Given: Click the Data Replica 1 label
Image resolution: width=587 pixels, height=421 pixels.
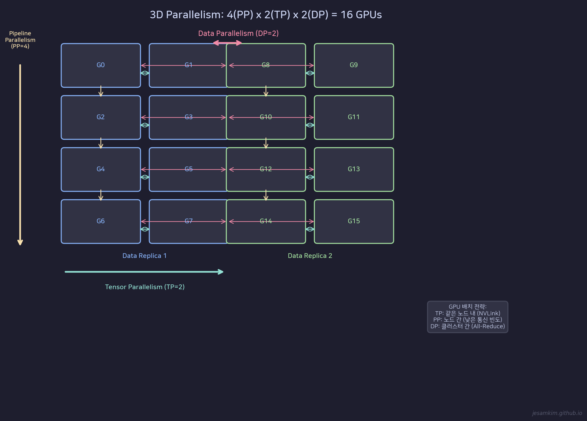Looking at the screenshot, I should (145, 256).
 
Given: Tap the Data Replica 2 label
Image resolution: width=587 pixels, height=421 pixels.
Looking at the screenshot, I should (310, 256).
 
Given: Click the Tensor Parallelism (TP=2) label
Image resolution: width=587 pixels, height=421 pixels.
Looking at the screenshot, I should (145, 287).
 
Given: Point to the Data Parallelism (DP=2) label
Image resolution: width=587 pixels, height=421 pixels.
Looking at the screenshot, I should (238, 33).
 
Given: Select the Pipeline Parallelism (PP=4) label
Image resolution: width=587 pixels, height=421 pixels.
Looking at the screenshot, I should (20, 40).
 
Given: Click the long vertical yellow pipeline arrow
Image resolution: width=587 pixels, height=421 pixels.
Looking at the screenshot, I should (20, 155).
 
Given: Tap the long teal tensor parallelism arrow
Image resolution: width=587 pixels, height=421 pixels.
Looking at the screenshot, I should (144, 272).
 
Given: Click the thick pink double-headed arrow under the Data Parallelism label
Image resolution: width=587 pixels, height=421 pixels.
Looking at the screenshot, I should (227, 43).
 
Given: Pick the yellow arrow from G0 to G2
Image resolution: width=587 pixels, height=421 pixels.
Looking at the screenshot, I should (101, 91).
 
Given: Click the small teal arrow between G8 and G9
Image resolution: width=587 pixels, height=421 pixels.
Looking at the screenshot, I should (310, 73).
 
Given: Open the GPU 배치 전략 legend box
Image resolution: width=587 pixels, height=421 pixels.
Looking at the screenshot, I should (467, 317).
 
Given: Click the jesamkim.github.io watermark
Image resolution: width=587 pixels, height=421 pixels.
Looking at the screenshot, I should (557, 413).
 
